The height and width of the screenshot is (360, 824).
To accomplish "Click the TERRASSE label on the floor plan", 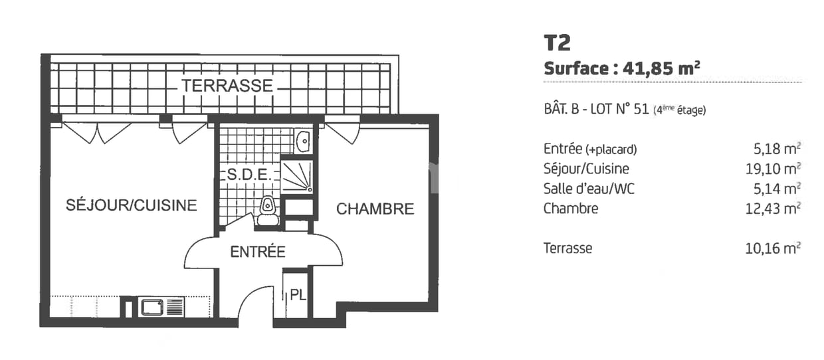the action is [x=228, y=86].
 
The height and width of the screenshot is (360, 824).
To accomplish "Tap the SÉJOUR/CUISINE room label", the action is [x=132, y=205].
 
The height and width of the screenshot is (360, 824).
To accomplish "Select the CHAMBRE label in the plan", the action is [x=375, y=209].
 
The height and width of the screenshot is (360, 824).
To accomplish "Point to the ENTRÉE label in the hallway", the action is [x=258, y=252].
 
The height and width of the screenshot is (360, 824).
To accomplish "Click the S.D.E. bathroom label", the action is [x=248, y=175].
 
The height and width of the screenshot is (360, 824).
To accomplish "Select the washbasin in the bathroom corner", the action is [x=302, y=141].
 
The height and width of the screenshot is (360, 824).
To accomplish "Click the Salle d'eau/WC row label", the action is [x=589, y=189].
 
